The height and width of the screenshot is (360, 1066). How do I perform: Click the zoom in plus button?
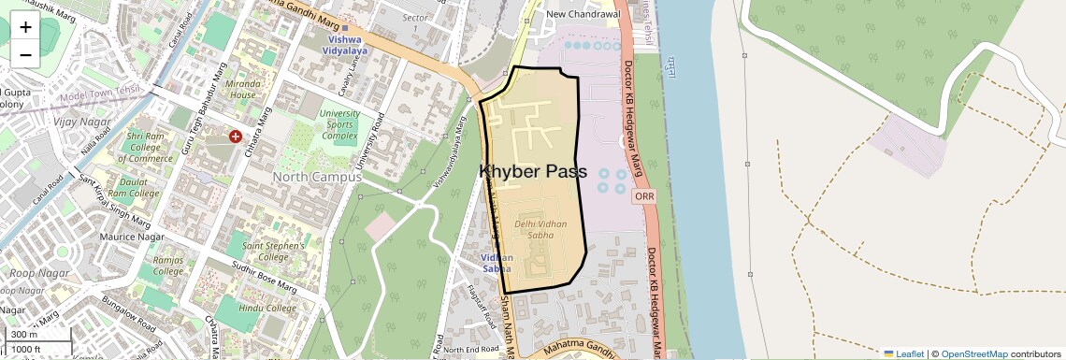(25, 26)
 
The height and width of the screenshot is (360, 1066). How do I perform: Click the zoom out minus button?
(25, 54)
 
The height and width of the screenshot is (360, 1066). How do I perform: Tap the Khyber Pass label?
(533, 172)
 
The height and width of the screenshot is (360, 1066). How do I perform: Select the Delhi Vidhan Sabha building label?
(540, 229)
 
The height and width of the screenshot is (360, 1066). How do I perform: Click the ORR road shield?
(643, 196)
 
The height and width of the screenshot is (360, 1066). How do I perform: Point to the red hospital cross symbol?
(236, 137)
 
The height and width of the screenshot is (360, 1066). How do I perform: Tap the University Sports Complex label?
(339, 124)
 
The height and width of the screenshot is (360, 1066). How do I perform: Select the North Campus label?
(316, 177)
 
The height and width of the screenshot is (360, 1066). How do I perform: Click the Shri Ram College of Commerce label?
(151, 147)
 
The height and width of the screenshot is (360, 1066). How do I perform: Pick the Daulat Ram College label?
(133, 187)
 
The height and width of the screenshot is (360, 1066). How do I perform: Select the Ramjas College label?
(168, 266)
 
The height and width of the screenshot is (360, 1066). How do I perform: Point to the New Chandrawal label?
(583, 14)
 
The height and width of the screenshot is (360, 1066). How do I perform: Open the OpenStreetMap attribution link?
(973, 353)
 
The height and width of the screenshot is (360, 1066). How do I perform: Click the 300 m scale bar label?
(24, 335)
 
